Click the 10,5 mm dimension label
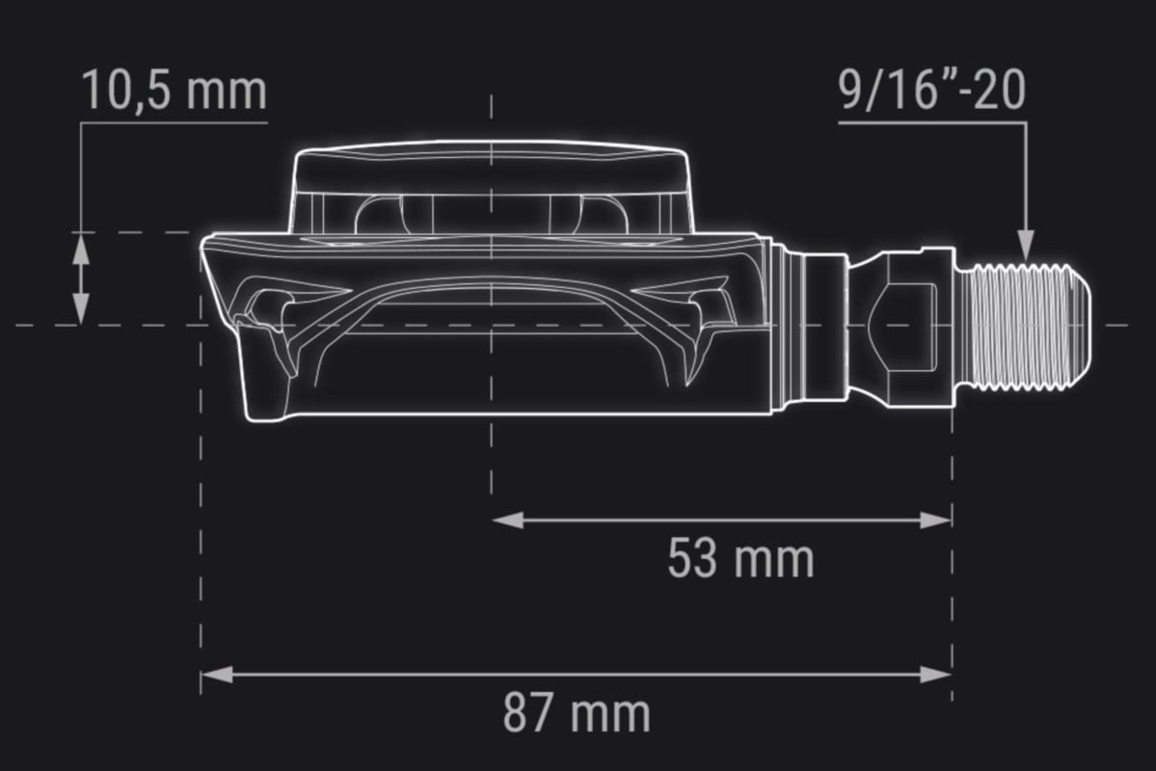point(174,91)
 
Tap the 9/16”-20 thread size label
point(932,90)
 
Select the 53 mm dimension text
point(740,558)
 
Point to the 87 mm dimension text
point(577,713)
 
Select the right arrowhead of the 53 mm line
point(935,520)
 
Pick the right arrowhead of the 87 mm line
point(935,674)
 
